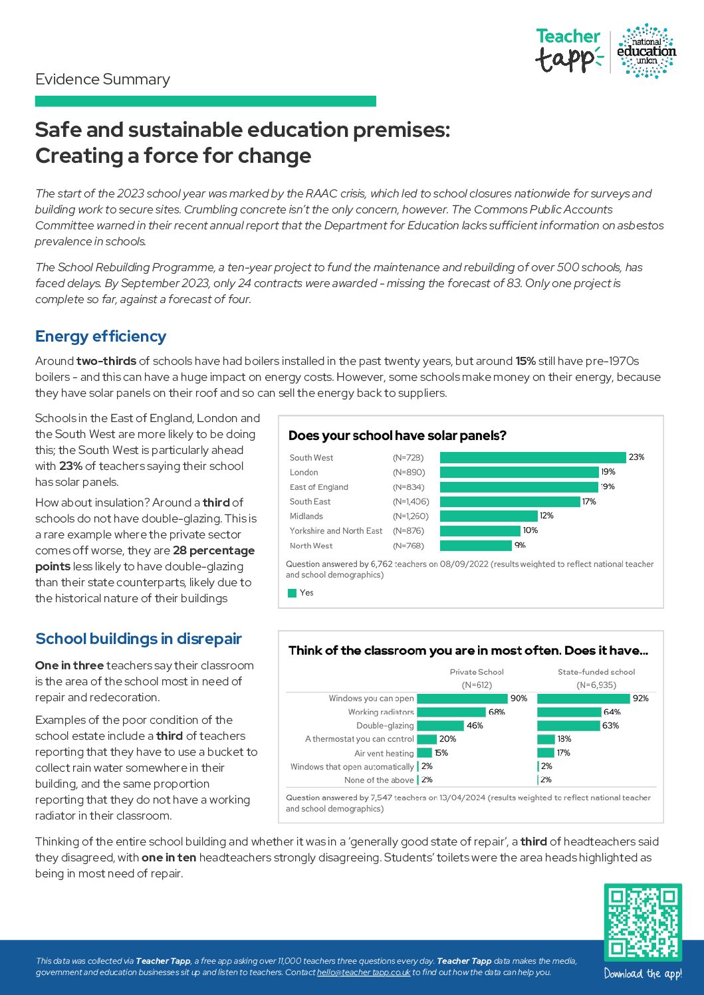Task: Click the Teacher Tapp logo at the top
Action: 568,51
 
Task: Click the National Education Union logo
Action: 646,51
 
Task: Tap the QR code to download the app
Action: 643,922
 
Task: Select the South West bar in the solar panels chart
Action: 532,457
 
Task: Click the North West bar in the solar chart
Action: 476,546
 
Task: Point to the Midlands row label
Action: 306,516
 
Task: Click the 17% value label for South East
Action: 589,502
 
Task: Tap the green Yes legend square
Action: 292,593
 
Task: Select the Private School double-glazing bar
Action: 440,726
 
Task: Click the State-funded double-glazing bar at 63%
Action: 568,726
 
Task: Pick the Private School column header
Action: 477,672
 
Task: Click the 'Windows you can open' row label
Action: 371,699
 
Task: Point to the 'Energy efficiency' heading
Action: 100,336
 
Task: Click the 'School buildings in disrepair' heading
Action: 138,639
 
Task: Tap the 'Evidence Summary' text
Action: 102,80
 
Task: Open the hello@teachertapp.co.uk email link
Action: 364,972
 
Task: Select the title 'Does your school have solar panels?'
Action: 397,436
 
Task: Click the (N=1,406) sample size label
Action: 411,502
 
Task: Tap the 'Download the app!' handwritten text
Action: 643,974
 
